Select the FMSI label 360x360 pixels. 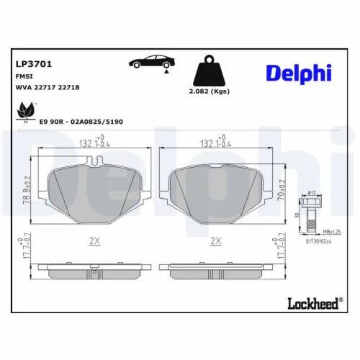[x=24, y=76]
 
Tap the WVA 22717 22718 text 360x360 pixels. [x=48, y=86]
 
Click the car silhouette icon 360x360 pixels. [x=150, y=63]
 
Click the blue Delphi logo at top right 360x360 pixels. [x=299, y=73]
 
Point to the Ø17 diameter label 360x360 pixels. [x=312, y=192]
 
